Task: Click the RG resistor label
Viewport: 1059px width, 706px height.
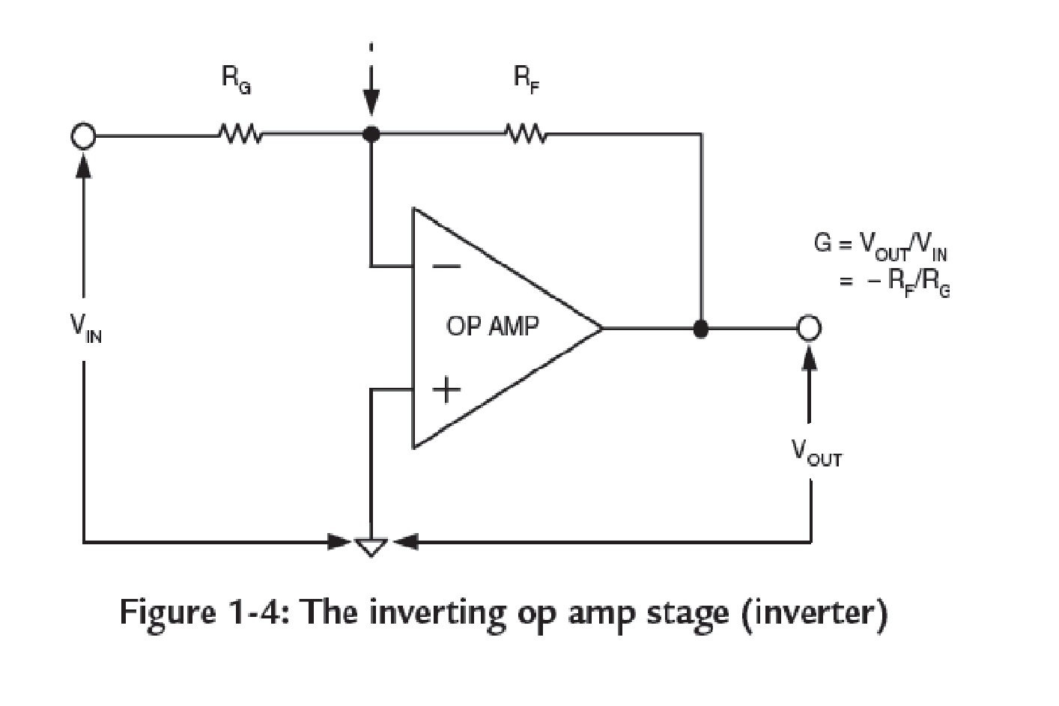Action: point(235,80)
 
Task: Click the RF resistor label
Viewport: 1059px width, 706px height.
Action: point(527,80)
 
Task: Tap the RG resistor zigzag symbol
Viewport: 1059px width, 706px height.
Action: point(239,136)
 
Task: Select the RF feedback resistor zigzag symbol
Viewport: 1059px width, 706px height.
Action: point(527,135)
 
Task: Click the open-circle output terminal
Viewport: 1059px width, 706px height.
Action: point(809,328)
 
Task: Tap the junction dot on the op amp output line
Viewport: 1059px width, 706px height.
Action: point(700,329)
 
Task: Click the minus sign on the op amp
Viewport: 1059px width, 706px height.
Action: point(446,266)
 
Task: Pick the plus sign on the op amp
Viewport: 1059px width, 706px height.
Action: point(446,389)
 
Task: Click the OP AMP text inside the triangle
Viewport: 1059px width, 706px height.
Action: point(492,326)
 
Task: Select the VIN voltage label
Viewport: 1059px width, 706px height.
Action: point(85,326)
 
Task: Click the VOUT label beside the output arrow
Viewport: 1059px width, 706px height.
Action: point(816,452)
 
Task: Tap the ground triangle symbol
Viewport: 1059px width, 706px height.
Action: point(370,546)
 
